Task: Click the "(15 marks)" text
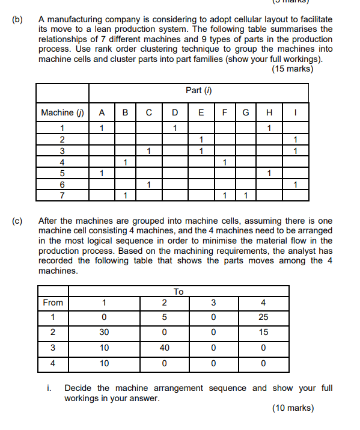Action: [292, 69]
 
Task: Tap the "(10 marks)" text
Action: [292, 408]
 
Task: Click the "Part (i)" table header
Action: [199, 90]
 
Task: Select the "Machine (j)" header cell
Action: [62, 112]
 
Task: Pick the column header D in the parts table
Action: [174, 112]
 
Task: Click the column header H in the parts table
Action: [270, 112]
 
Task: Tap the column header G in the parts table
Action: [245, 112]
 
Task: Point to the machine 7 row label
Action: [62, 195]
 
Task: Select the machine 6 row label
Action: [62, 184]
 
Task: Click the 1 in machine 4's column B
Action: [125, 162]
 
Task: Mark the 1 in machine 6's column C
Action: [148, 184]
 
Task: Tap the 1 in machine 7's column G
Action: [245, 195]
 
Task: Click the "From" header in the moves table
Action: [53, 303]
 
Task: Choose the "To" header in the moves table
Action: [178, 292]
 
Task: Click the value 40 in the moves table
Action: [162, 348]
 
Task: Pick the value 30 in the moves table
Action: [104, 333]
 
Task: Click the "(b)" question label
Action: [17, 20]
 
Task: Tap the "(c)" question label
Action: [17, 221]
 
